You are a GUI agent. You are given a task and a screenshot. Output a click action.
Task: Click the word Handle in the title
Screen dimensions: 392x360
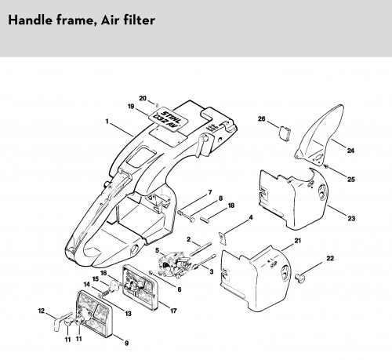tap(31, 20)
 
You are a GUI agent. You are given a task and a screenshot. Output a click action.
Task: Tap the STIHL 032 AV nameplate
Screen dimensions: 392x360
tap(169, 119)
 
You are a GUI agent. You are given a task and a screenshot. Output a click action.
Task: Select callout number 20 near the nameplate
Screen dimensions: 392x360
tap(143, 99)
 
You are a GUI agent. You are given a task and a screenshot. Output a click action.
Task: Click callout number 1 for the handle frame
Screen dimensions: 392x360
tap(107, 122)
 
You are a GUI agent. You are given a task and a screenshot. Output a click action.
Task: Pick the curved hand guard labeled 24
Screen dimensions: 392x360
tap(319, 136)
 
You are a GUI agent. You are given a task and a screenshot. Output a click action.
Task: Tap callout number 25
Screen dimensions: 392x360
tap(351, 180)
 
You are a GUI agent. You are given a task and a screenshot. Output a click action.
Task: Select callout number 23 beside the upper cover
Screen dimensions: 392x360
tap(351, 218)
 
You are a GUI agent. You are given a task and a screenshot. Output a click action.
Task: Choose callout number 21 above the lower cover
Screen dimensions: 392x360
tap(298, 241)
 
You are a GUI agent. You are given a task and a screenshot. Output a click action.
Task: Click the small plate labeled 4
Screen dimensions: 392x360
tap(222, 238)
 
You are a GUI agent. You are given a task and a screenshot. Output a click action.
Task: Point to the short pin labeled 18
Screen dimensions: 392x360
tap(204, 219)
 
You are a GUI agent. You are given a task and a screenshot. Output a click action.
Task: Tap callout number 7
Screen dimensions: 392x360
tap(210, 193)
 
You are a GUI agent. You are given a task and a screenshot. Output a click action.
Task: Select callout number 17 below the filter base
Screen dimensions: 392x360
tap(173, 311)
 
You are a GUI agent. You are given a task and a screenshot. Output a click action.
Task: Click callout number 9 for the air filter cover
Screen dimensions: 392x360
tap(126, 343)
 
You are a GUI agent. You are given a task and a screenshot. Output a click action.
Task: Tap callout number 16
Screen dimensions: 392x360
tap(103, 273)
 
